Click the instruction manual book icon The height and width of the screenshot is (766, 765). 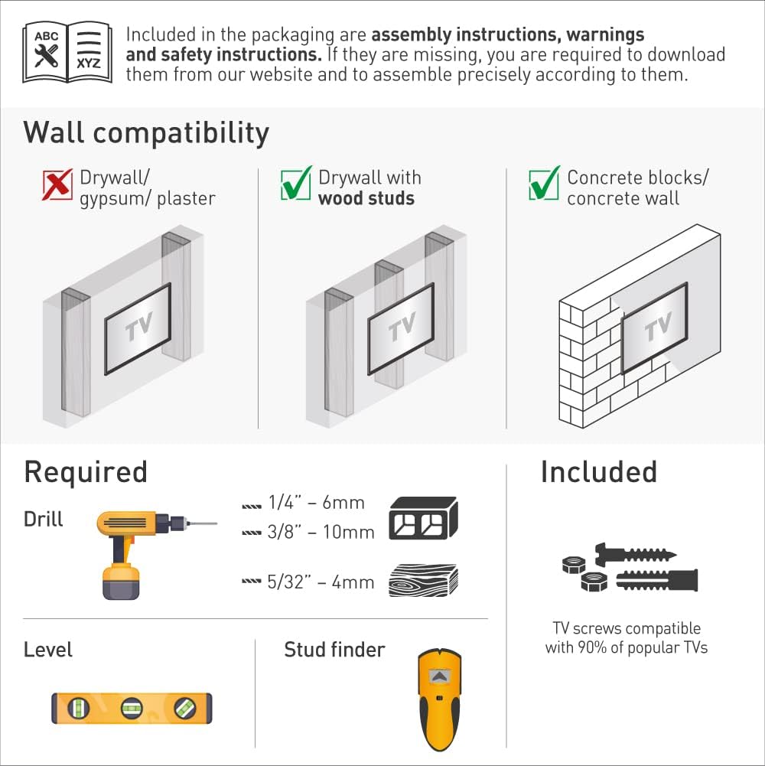pyautogui.click(x=68, y=52)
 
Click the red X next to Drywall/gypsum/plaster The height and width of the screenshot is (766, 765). pyautogui.click(x=57, y=184)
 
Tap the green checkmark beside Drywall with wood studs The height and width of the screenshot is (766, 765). pyautogui.click(x=295, y=184)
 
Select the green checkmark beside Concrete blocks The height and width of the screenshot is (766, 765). pyautogui.click(x=544, y=184)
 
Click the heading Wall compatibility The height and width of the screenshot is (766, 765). pyautogui.click(x=146, y=132)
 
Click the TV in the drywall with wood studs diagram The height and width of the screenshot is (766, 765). pyautogui.click(x=400, y=328)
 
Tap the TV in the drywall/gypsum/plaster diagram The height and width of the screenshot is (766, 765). pyautogui.click(x=138, y=328)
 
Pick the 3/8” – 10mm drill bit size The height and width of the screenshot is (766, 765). pyautogui.click(x=320, y=532)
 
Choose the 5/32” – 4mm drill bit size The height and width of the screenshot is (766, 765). pyautogui.click(x=320, y=582)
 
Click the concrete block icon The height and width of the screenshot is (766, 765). pyautogui.click(x=423, y=518)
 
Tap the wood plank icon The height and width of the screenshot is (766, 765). pyautogui.click(x=423, y=581)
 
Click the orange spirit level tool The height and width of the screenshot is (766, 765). pyautogui.click(x=132, y=708)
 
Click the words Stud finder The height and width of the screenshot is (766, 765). pyautogui.click(x=334, y=650)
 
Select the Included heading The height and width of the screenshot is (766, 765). pyautogui.click(x=598, y=471)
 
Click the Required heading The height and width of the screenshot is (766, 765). pyautogui.click(x=85, y=471)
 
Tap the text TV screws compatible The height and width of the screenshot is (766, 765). pyautogui.click(x=626, y=628)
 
